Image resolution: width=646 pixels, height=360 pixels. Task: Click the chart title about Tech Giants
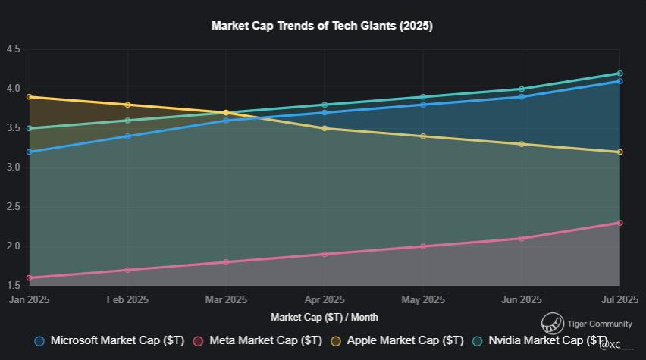click(322, 26)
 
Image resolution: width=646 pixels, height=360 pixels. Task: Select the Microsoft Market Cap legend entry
click(110, 341)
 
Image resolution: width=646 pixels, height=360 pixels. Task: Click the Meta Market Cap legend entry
click(258, 341)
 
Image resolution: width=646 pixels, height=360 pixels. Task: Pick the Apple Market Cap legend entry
click(398, 341)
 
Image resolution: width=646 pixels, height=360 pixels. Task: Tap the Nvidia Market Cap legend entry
click(540, 341)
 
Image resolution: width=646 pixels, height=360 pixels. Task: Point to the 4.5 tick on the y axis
click(13, 49)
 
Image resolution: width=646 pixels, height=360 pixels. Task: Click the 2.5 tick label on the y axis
click(13, 207)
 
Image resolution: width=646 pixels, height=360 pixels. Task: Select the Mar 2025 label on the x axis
click(226, 300)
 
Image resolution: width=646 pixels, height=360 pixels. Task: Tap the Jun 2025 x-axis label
click(522, 300)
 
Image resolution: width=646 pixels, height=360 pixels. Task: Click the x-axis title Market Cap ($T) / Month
click(325, 317)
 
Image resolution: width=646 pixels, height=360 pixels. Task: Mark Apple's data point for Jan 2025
click(30, 97)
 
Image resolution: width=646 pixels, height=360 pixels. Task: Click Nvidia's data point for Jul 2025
click(619, 74)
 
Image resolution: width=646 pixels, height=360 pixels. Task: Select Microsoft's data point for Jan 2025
click(30, 152)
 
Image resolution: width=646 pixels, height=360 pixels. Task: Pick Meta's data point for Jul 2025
click(619, 223)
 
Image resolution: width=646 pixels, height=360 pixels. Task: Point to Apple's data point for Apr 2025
click(325, 128)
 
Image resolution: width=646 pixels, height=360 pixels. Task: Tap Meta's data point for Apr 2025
click(325, 254)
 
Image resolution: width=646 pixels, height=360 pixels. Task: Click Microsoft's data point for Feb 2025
click(127, 136)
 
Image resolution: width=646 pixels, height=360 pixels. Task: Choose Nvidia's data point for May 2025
click(423, 97)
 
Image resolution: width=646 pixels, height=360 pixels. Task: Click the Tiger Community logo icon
click(552, 324)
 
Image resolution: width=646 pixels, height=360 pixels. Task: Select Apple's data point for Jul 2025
click(619, 152)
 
